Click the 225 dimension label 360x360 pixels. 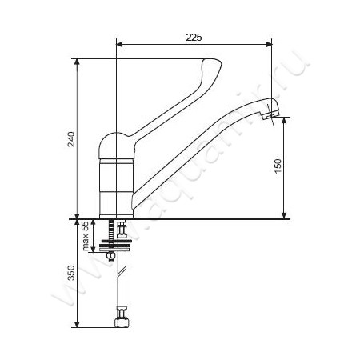pos(194,38)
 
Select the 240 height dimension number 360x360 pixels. pos(71,139)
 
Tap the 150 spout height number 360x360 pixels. pos(278,166)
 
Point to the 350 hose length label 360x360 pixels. pos(71,273)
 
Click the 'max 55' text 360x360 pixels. pos(86,236)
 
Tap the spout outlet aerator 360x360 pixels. pos(268,115)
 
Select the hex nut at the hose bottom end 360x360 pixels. pos(122,322)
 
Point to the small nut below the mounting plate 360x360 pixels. pos(110,256)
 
